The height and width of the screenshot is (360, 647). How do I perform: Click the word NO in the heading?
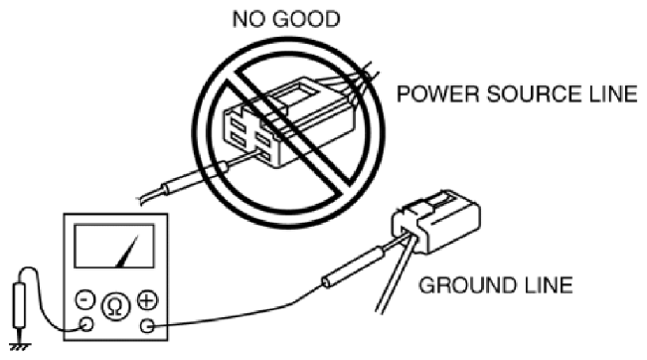[247, 20]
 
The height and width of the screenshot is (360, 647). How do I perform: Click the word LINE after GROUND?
[546, 284]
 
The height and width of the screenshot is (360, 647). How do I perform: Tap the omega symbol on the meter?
[116, 306]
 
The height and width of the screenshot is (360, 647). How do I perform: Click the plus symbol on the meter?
[147, 300]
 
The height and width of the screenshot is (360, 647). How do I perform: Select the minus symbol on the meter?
[85, 300]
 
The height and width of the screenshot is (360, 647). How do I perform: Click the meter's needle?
[128, 252]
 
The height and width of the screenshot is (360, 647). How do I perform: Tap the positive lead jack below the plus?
[147, 326]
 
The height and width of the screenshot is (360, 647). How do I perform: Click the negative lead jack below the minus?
[86, 324]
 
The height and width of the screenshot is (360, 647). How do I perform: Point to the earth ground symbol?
[20, 345]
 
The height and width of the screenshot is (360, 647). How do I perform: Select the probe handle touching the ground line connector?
[354, 266]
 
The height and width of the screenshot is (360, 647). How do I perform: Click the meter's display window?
[114, 246]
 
